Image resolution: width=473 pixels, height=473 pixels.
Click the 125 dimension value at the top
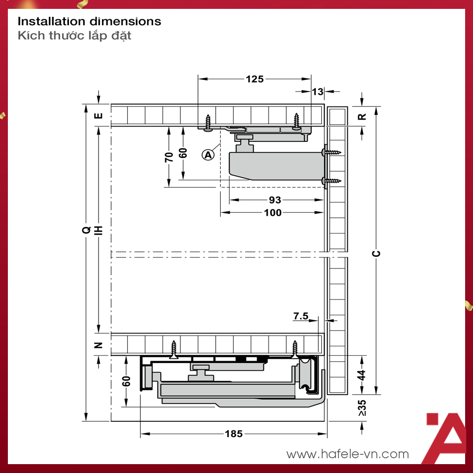[255, 79]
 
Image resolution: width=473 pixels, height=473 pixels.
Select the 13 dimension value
[318, 92]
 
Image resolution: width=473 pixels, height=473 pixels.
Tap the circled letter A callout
[208, 155]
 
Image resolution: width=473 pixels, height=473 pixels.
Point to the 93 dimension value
[275, 200]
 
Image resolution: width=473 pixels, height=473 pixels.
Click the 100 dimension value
[272, 213]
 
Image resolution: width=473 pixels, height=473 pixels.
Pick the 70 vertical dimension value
[169, 157]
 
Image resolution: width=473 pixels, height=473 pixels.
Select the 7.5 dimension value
[301, 316]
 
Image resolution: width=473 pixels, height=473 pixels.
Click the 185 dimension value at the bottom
[234, 434]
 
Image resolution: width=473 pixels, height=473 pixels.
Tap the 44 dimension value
[362, 375]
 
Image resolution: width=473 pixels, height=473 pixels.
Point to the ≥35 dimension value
[362, 408]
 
